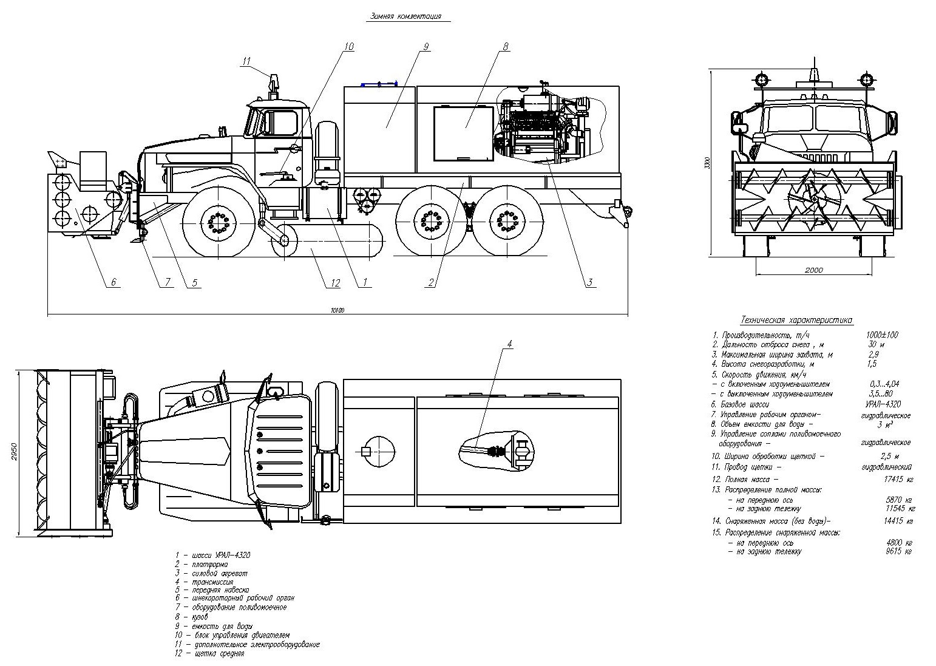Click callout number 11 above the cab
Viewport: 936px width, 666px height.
[246, 61]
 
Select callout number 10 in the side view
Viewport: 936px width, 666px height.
[348, 47]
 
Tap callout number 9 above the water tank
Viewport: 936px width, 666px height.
[426, 47]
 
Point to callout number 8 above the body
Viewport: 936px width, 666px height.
[505, 47]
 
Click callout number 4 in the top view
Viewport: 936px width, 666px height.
[509, 344]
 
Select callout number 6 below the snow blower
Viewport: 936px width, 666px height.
[113, 282]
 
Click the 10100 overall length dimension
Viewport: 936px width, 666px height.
[337, 310]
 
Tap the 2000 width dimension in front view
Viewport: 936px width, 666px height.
[813, 270]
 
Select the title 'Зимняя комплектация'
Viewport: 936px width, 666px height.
[405, 17]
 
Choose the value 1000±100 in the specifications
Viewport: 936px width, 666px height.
[883, 335]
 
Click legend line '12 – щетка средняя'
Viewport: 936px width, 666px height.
[209, 654]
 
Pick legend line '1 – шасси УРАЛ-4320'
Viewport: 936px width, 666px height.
[212, 555]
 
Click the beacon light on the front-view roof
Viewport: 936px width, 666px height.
[813, 75]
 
